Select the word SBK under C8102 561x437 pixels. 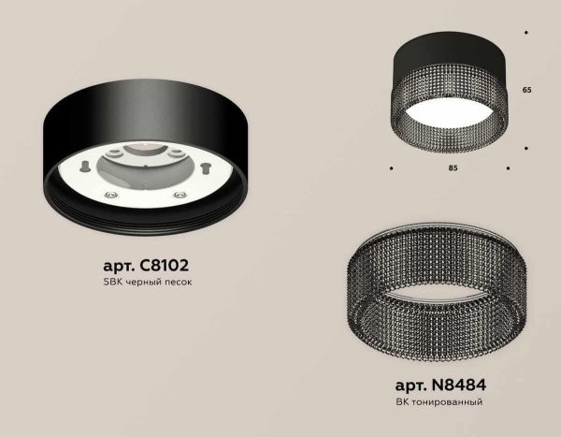[x=105, y=282]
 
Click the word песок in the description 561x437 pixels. [x=175, y=282]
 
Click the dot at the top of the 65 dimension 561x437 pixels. [x=527, y=35]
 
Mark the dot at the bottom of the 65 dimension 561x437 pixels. [x=527, y=148]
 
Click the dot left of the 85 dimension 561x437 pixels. [x=391, y=168]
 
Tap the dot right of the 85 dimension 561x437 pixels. [x=508, y=168]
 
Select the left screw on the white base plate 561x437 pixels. [x=112, y=195]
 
